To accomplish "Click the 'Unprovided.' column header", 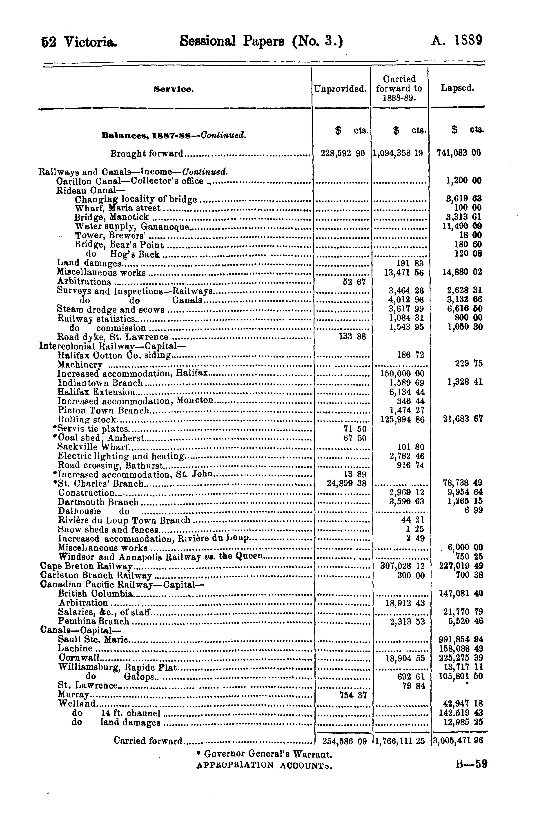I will click(x=340, y=89).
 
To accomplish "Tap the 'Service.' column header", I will click(x=174, y=89).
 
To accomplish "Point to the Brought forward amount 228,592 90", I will click(x=342, y=153).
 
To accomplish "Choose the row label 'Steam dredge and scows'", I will click(x=111, y=309).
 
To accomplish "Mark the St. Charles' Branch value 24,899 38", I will click(x=346, y=483).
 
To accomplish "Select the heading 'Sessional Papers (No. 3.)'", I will click(x=261, y=42).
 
